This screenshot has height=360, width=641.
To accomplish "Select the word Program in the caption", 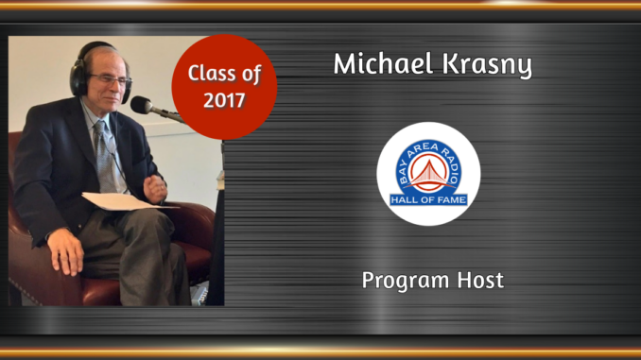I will tap(402, 281).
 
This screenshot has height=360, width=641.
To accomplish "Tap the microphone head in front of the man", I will tap(141, 105).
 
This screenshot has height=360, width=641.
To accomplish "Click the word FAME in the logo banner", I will tap(450, 199).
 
